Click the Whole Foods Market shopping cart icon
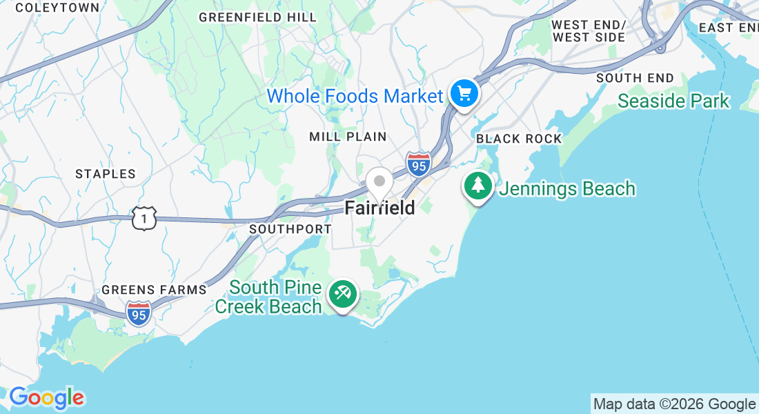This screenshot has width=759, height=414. coord(464,92)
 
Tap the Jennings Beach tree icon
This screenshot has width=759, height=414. coord(477,185)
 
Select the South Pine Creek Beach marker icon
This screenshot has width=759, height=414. coord(342,294)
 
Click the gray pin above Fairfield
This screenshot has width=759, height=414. coord(379,182)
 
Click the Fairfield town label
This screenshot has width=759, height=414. coord(379,207)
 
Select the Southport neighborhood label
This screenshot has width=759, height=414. coord(290,228)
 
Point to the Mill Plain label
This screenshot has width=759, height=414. coord(348,137)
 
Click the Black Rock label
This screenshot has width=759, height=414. coord(519,139)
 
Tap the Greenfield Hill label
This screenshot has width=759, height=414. coord(257,17)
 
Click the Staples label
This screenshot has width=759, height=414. coord(106,174)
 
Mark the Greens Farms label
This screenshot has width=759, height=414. coord(154,290)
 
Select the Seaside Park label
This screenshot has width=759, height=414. coord(673,101)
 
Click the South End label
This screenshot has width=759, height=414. coord(635,78)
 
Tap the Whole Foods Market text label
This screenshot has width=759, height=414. coord(354,96)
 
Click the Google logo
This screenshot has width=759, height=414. coord(47,397)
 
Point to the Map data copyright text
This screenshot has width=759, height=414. coord(674,404)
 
